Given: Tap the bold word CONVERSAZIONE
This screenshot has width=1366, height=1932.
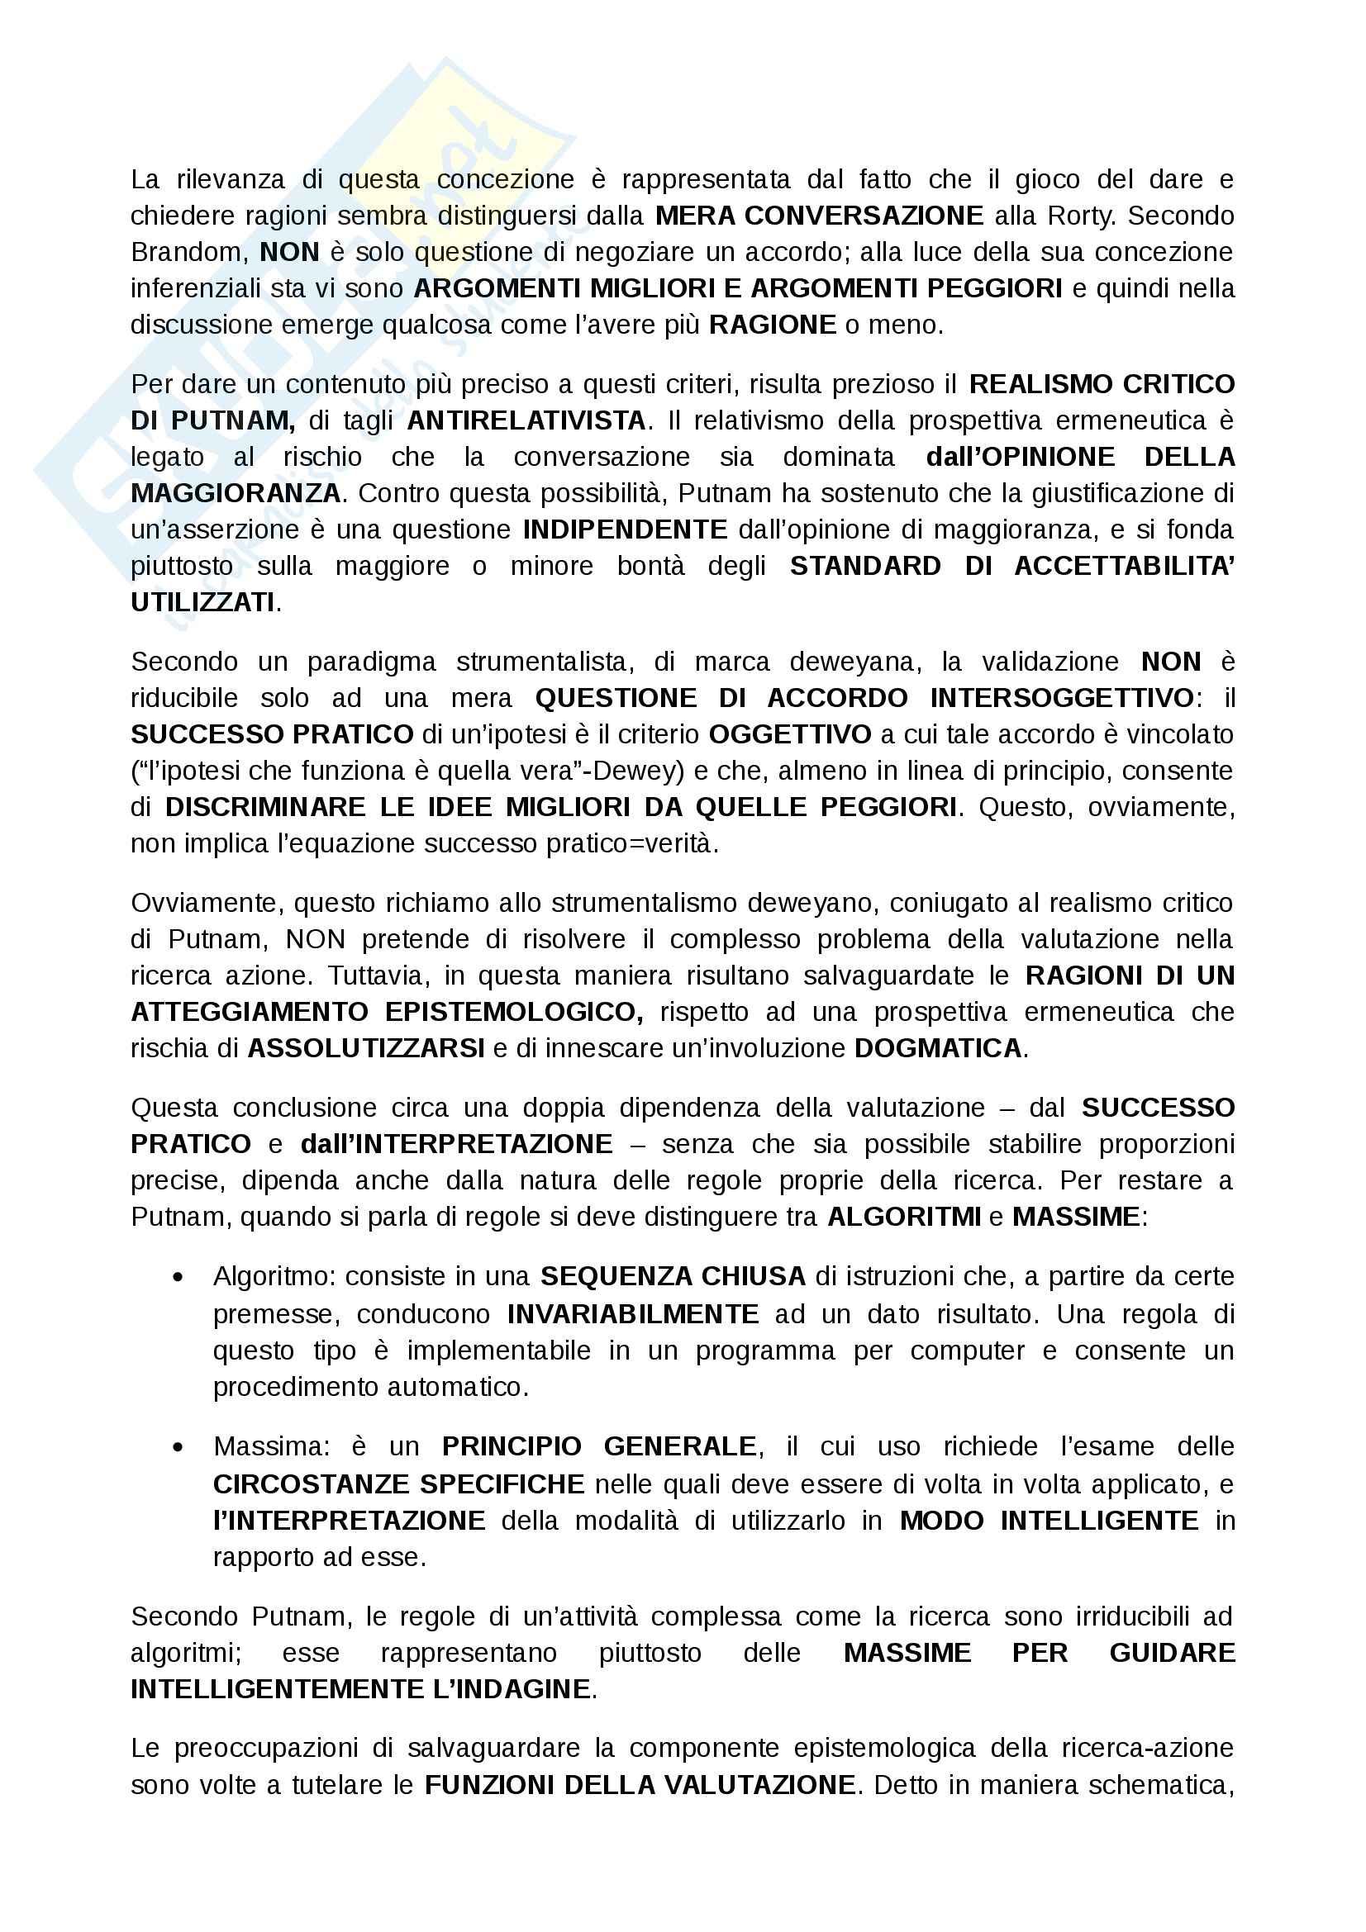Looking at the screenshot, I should pos(864,216).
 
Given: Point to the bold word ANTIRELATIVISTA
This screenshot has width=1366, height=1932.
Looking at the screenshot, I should pos(526,420).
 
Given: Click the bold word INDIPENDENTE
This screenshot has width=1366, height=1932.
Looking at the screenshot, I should pos(625,530).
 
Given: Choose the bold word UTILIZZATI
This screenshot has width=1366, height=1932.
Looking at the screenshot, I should pos(202,602).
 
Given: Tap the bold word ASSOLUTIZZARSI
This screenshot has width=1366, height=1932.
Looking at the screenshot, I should pos(365,1048).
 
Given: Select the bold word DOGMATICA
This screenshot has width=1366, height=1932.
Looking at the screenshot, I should pos(938,1048).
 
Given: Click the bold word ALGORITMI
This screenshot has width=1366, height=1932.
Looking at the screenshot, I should pos(904,1218).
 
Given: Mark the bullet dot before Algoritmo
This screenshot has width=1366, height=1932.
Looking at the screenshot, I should pos(178,1278).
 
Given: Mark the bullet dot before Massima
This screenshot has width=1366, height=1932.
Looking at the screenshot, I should pos(178,1448).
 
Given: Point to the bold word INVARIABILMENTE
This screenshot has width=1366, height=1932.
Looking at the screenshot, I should pos(633,1314).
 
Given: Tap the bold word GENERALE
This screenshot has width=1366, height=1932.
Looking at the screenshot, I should pos(680,1447).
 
